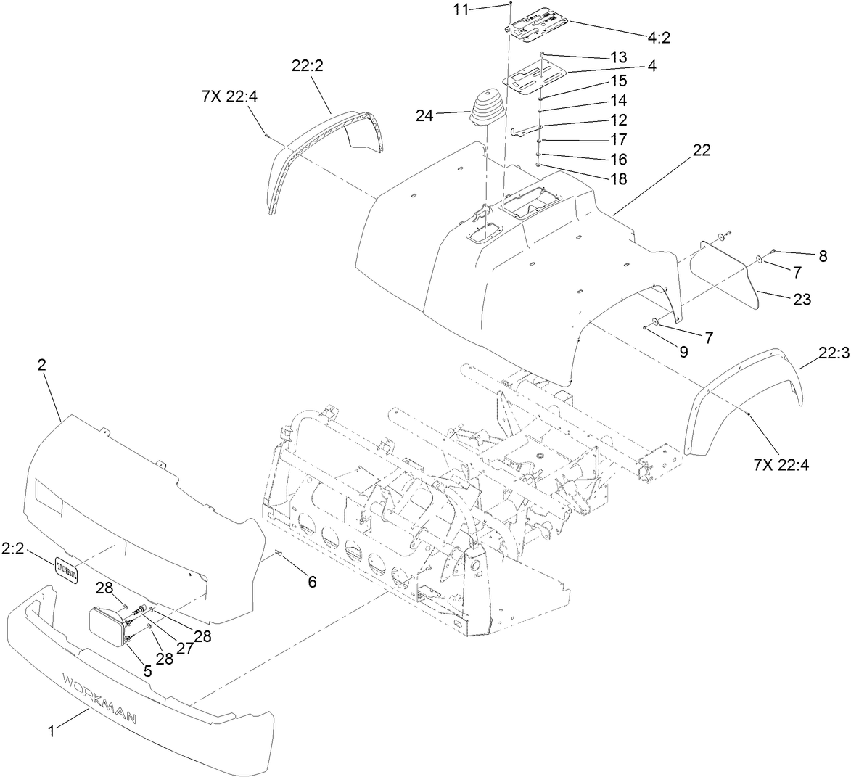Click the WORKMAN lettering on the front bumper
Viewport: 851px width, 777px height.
coord(102,697)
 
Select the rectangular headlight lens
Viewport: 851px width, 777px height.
coord(106,623)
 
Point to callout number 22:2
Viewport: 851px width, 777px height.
coord(307,65)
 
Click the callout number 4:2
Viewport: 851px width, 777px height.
coord(655,38)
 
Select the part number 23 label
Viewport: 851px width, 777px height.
coord(802,299)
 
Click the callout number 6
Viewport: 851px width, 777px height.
coord(312,581)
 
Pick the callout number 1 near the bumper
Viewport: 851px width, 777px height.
coord(52,732)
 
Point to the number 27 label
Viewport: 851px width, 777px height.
coord(185,648)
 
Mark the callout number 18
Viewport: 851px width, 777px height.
coord(619,178)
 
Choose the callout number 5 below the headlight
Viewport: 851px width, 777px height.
coord(147,671)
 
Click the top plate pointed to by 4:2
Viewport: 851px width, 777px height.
coord(538,27)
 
